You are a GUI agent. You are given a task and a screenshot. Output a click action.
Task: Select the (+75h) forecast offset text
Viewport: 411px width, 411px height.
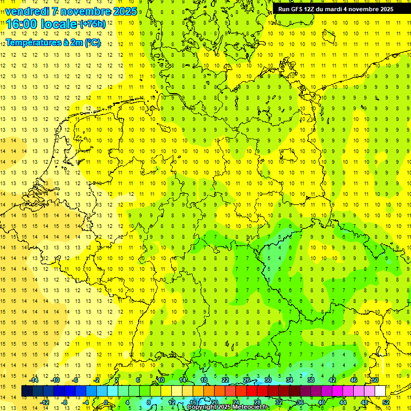[92, 24]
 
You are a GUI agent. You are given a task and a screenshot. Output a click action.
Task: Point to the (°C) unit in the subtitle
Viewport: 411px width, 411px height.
[92, 43]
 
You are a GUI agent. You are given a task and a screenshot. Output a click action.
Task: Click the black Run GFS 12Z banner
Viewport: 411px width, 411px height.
[336, 9]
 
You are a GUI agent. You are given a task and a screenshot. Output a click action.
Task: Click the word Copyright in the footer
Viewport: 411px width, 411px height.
[204, 407]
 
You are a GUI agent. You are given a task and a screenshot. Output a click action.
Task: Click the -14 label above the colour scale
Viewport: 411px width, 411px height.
[34, 380]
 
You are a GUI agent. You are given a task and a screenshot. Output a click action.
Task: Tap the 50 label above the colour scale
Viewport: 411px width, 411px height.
[375, 380]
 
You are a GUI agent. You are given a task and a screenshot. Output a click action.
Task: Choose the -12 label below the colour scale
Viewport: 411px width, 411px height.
[44, 402]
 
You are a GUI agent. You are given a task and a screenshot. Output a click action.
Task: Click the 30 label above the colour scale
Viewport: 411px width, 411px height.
[268, 380]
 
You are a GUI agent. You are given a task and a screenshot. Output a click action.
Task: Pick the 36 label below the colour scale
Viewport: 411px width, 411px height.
[300, 402]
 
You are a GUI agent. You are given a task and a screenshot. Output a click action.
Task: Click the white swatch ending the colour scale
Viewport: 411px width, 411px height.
[380, 391]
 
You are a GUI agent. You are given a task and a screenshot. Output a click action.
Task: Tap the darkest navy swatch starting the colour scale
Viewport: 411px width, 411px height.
[27, 391]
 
